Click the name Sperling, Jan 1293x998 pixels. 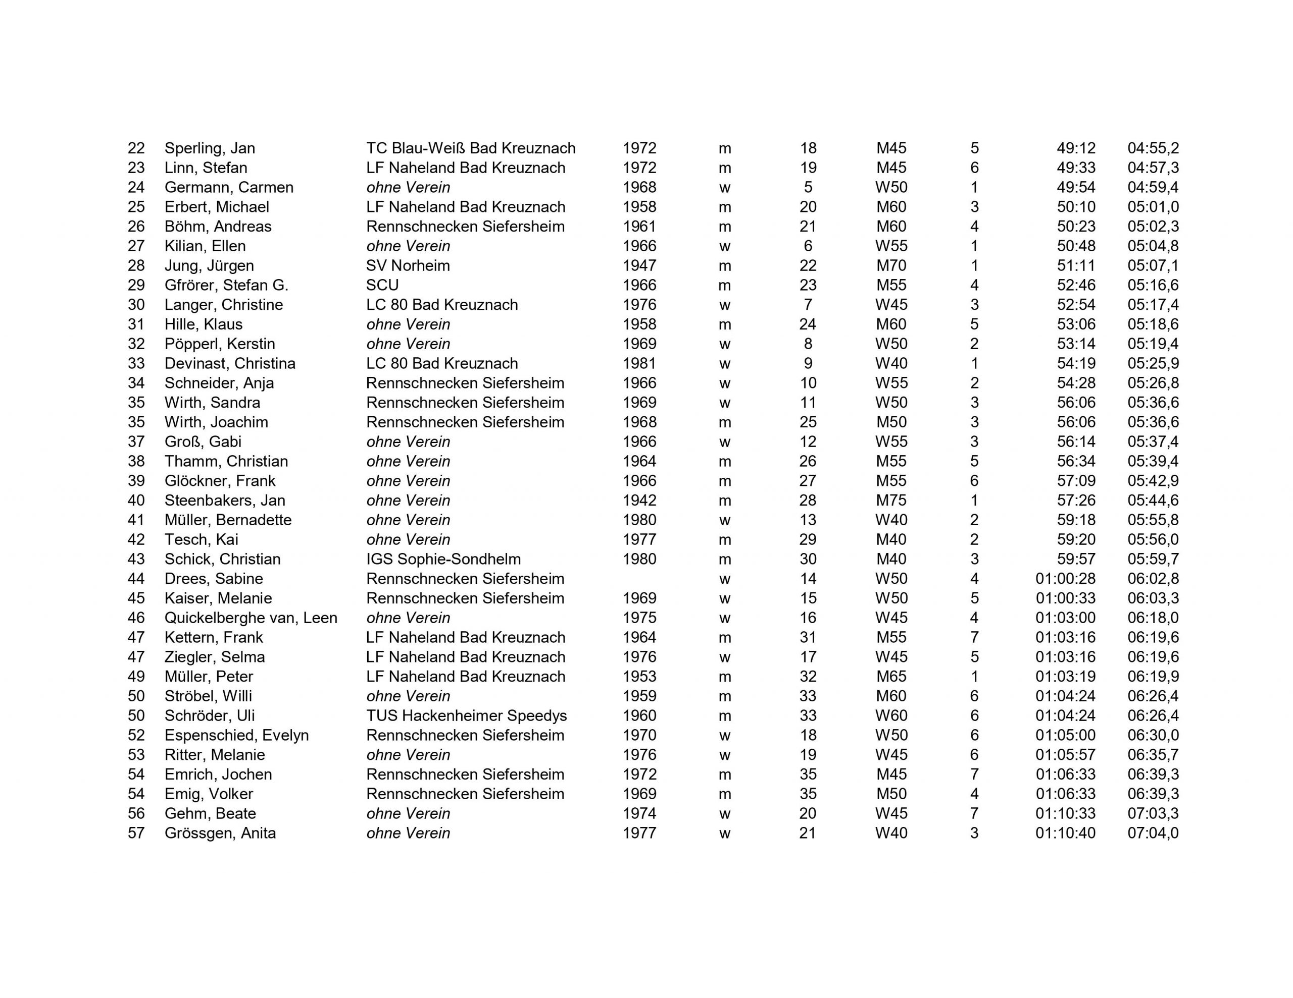pyautogui.click(x=210, y=148)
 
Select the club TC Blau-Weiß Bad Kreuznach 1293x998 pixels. pyautogui.click(x=471, y=148)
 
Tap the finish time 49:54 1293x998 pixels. pyautogui.click(x=1076, y=187)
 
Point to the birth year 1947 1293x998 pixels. pyautogui.click(x=639, y=265)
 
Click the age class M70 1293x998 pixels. pyautogui.click(x=891, y=265)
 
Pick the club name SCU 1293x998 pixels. pyautogui.click(x=382, y=285)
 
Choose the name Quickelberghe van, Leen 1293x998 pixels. pyautogui.click(x=251, y=618)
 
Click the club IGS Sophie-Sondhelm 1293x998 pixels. pyautogui.click(x=443, y=559)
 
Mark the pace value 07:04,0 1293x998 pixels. pyautogui.click(x=1153, y=833)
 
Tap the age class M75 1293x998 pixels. pyautogui.click(x=891, y=501)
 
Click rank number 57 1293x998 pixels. pyautogui.click(x=136, y=833)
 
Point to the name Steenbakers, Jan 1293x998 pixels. pyautogui.click(x=225, y=501)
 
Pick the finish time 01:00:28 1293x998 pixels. pyautogui.click(x=1065, y=579)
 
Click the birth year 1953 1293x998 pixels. pyautogui.click(x=639, y=676)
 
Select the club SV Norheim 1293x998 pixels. pyautogui.click(x=408, y=265)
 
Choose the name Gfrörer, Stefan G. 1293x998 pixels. pyautogui.click(x=226, y=285)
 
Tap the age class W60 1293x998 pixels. pyautogui.click(x=891, y=715)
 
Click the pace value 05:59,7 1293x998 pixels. pyautogui.click(x=1153, y=559)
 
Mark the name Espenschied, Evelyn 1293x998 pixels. pyautogui.click(x=237, y=735)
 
